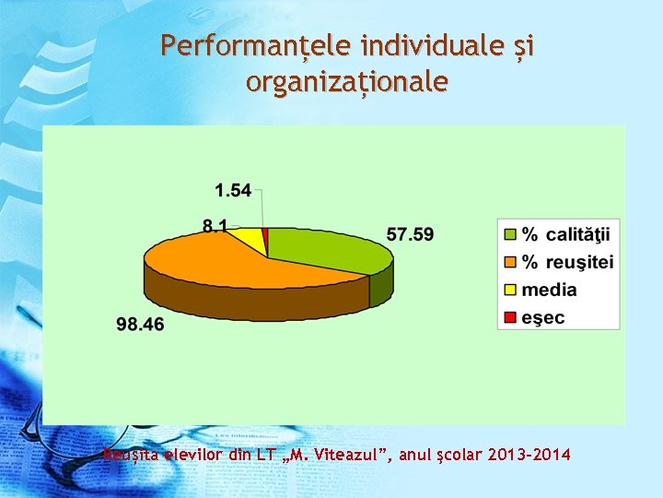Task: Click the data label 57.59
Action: (410, 234)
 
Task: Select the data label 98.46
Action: (140, 324)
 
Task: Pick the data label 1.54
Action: (233, 190)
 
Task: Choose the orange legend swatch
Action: (509, 261)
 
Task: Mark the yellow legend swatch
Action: (509, 290)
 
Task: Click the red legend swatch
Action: (509, 318)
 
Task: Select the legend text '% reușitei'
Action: (567, 262)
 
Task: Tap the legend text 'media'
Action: (549, 290)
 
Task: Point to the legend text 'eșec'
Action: (543, 318)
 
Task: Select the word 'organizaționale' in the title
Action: (347, 82)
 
